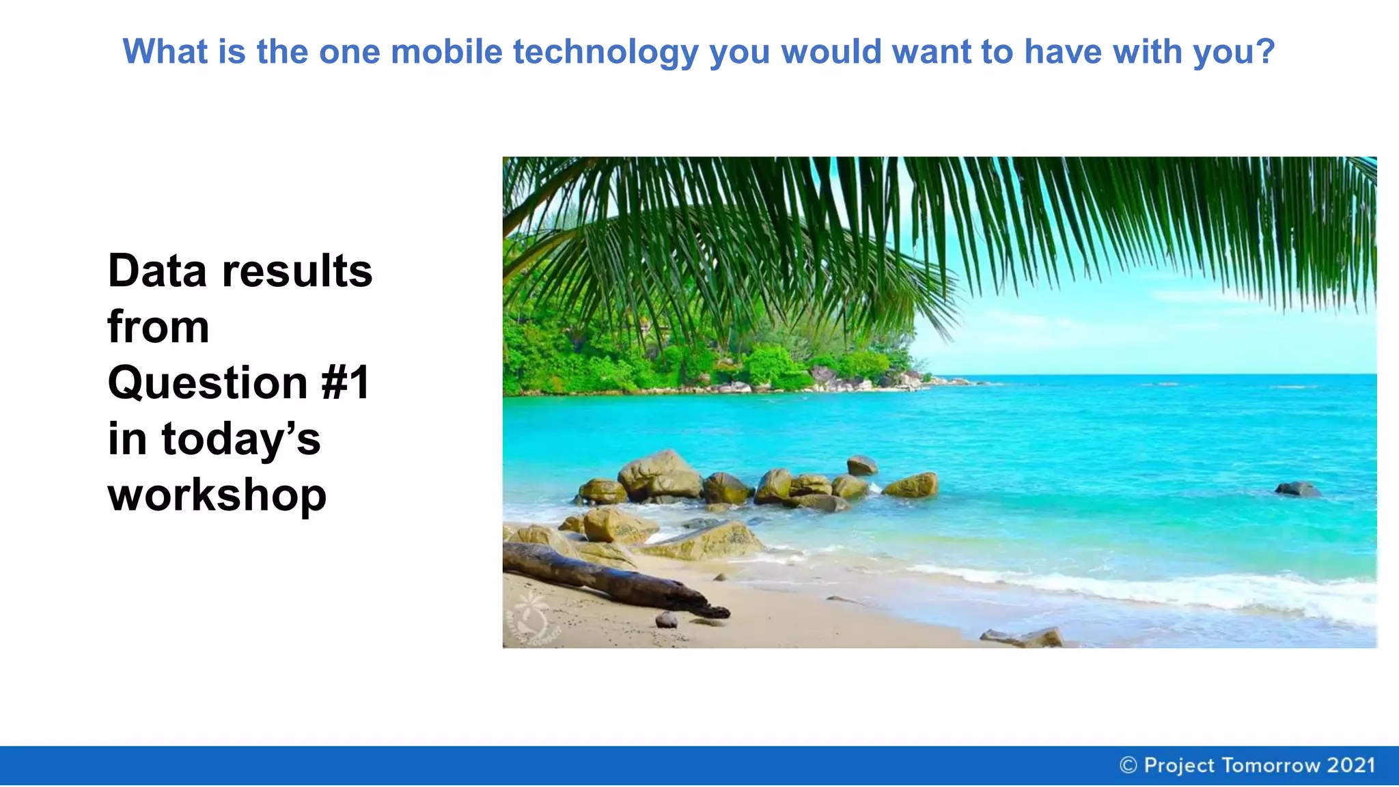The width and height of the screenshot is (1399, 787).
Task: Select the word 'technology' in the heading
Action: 606,53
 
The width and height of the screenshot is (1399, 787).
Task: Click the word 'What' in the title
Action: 165,52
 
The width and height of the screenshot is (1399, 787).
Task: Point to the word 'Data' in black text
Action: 157,271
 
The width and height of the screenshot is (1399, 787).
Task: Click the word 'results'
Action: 297,271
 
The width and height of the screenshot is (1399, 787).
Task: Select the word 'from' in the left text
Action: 158,327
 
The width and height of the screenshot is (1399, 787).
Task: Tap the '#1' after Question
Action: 346,383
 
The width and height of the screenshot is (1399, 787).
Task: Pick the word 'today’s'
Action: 240,439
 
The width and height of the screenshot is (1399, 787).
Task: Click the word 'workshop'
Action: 217,495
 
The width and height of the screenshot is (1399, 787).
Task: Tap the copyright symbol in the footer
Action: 1128,765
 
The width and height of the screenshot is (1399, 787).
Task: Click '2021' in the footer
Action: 1350,765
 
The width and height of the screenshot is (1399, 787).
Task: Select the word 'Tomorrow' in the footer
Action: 1271,765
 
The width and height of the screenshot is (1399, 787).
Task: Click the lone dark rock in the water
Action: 1297,489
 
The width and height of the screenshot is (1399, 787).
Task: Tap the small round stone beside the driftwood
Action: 666,620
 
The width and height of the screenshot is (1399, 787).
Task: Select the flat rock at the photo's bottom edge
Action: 1025,638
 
